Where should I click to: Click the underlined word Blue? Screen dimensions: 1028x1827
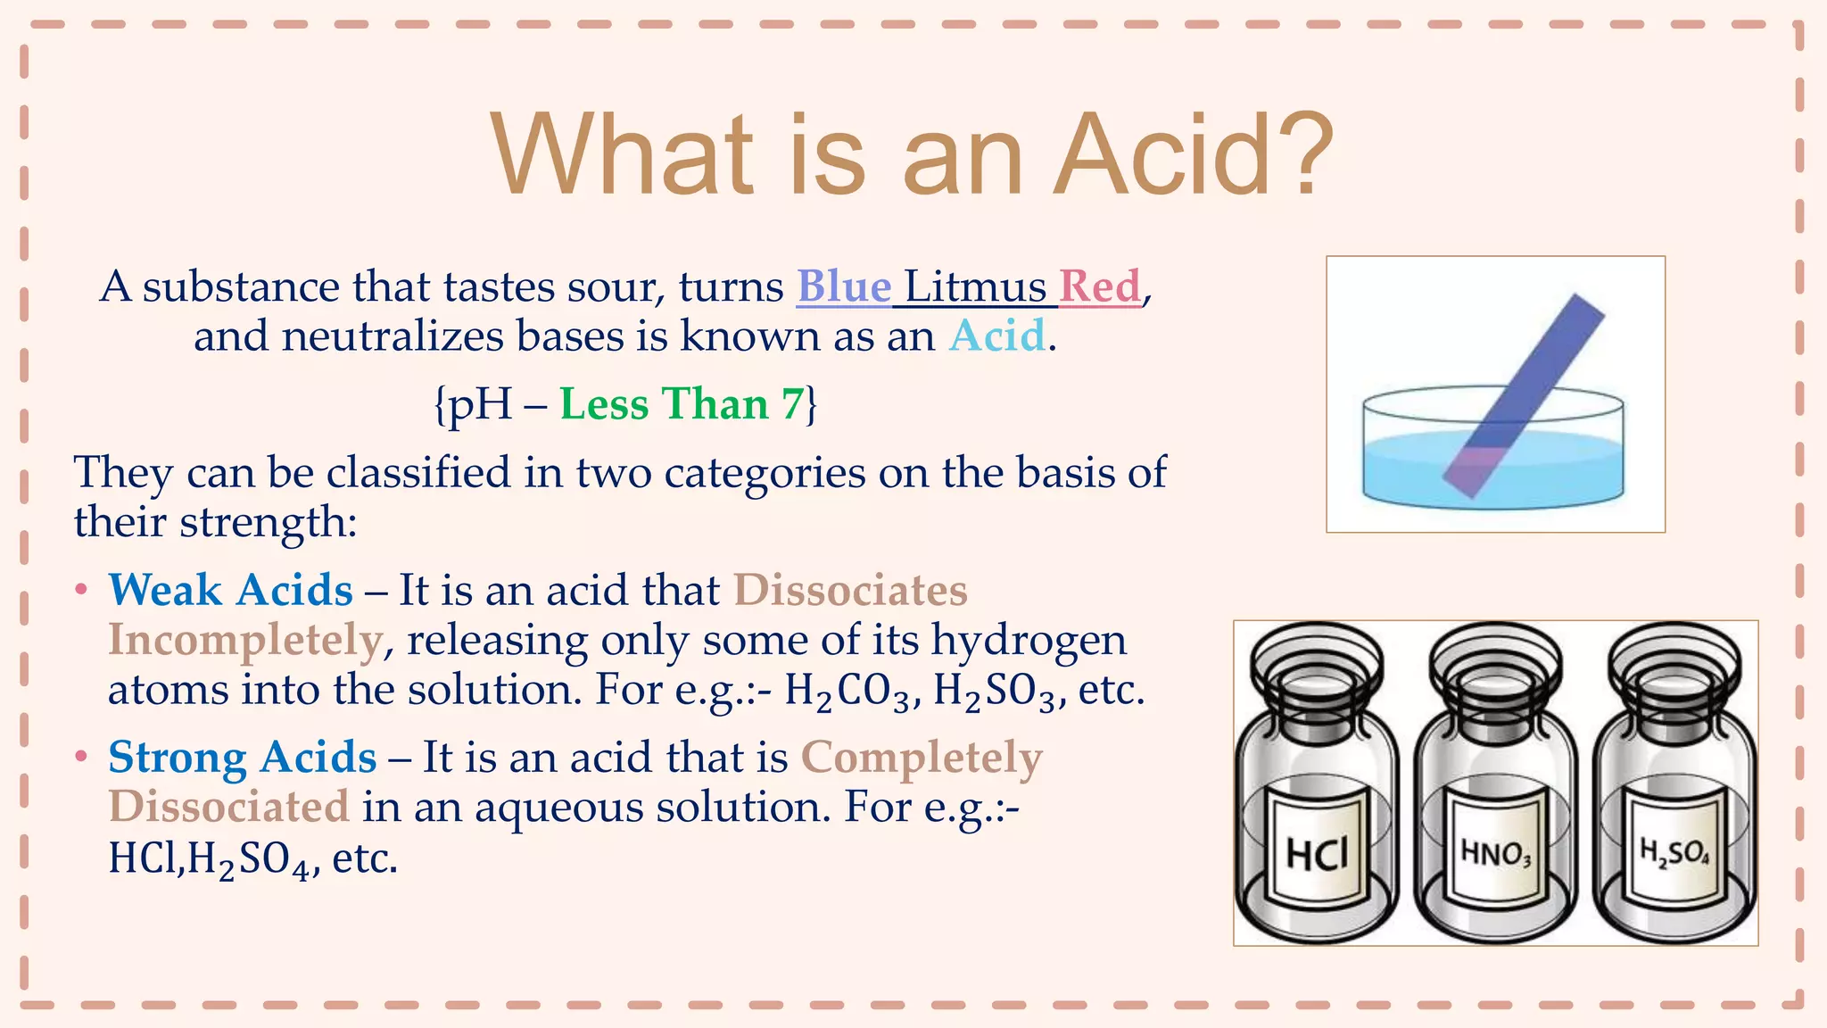(844, 286)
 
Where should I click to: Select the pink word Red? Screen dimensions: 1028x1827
(1100, 286)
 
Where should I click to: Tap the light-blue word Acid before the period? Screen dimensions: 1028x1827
(996, 336)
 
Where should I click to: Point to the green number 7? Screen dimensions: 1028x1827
(792, 404)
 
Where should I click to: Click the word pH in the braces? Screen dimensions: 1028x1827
(479, 404)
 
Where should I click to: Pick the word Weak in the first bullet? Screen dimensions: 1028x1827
(165, 590)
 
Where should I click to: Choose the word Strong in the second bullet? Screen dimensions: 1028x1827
(178, 758)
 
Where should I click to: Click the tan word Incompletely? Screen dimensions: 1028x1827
(245, 640)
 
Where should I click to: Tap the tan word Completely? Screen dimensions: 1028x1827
(922, 758)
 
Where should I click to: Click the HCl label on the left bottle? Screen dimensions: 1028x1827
(1317, 853)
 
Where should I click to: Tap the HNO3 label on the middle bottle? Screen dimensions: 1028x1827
(1495, 854)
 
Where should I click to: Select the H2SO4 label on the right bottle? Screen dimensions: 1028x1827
(1674, 853)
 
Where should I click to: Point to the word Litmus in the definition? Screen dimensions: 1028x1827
(975, 286)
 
